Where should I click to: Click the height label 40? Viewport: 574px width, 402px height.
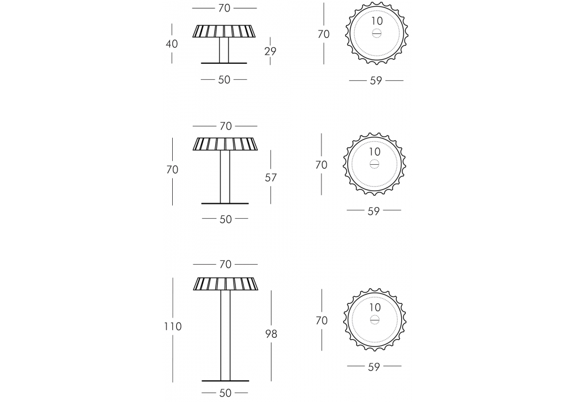click(172, 44)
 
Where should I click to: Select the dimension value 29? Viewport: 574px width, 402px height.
click(270, 51)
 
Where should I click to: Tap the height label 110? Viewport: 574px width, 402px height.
click(173, 326)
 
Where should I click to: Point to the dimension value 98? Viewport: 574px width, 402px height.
click(272, 334)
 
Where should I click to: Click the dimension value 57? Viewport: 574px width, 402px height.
click(271, 177)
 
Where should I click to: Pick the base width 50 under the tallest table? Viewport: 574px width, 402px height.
click(226, 393)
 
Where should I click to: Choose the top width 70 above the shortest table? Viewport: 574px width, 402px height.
click(224, 8)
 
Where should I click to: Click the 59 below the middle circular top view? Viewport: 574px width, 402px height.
click(374, 211)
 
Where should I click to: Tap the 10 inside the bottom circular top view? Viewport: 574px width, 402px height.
click(375, 307)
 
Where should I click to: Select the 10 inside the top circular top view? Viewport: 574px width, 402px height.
click(377, 21)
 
